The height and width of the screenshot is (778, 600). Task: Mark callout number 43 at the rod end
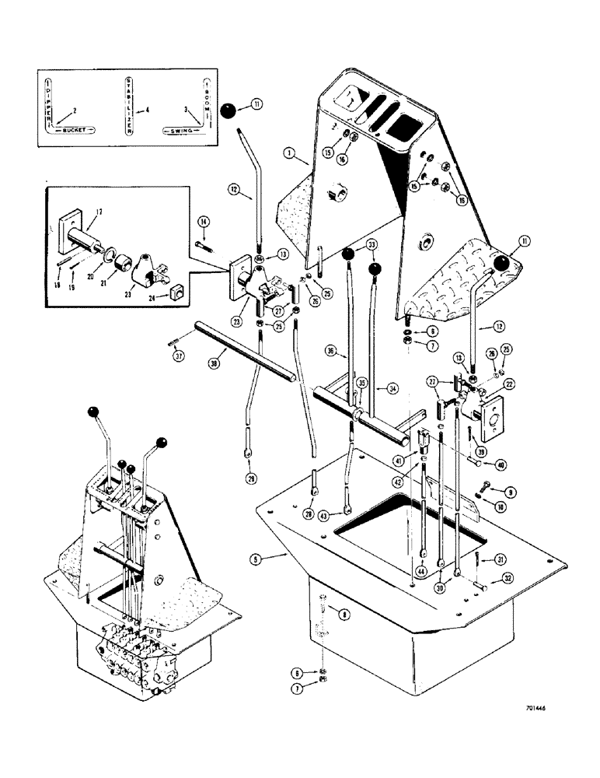click(x=344, y=513)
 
